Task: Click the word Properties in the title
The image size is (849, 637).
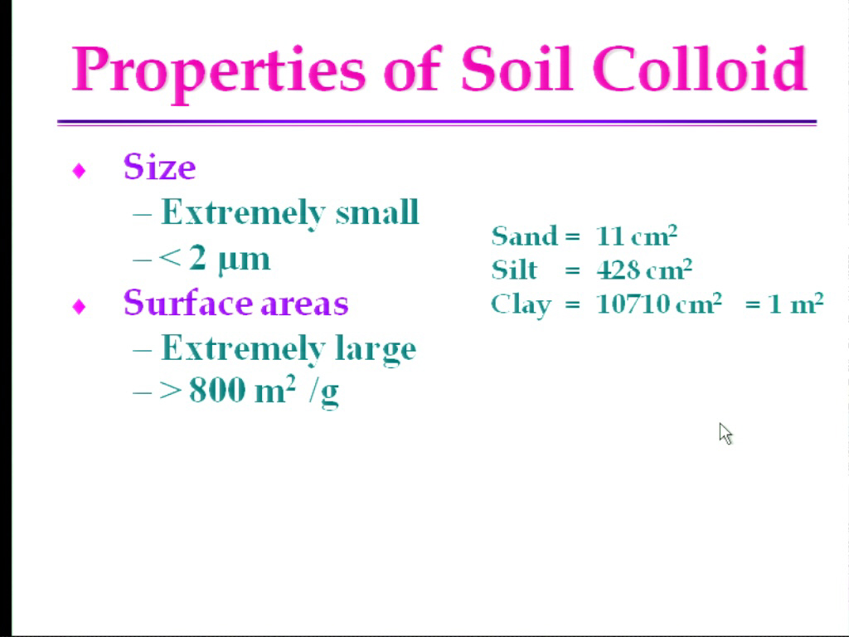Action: [x=219, y=71]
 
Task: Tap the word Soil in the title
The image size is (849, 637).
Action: [x=517, y=68]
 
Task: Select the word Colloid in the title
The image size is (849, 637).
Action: [x=700, y=68]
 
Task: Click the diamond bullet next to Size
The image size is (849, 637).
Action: [x=79, y=171]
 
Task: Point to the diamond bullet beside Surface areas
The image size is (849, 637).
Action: [x=79, y=307]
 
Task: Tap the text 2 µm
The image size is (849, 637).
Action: [x=229, y=259]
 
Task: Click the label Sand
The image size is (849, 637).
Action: [x=524, y=236]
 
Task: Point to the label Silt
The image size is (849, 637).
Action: [x=514, y=270]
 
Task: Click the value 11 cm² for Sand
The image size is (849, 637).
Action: [x=637, y=236]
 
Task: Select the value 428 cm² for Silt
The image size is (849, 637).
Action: [x=644, y=270]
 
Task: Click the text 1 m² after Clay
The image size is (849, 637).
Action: [x=796, y=304]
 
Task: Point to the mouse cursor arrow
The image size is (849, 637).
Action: [x=725, y=434]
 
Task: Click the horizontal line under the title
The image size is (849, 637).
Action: [x=436, y=123]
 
